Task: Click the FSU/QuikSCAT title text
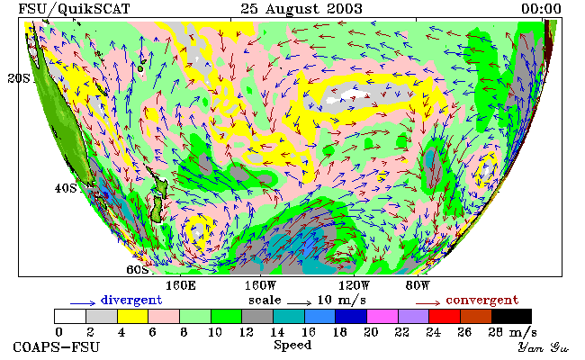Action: (74, 9)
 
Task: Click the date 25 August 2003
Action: (301, 9)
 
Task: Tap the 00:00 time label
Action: (541, 9)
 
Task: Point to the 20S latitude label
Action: (19, 78)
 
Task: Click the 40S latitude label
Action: (66, 188)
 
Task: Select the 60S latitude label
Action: (138, 269)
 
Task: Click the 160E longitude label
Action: (181, 286)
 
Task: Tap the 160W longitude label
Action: (260, 286)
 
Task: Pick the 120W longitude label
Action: (354, 286)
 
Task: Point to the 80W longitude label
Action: (418, 286)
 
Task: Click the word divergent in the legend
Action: (131, 300)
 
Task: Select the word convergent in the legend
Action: (482, 300)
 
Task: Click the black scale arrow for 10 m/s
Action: (299, 303)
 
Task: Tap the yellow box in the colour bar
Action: (133, 316)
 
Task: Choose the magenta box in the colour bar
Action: (382, 316)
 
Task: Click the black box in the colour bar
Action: (511, 316)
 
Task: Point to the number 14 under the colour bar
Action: (277, 332)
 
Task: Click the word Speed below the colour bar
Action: (292, 345)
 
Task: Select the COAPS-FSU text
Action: (57, 346)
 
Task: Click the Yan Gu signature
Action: (543, 347)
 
